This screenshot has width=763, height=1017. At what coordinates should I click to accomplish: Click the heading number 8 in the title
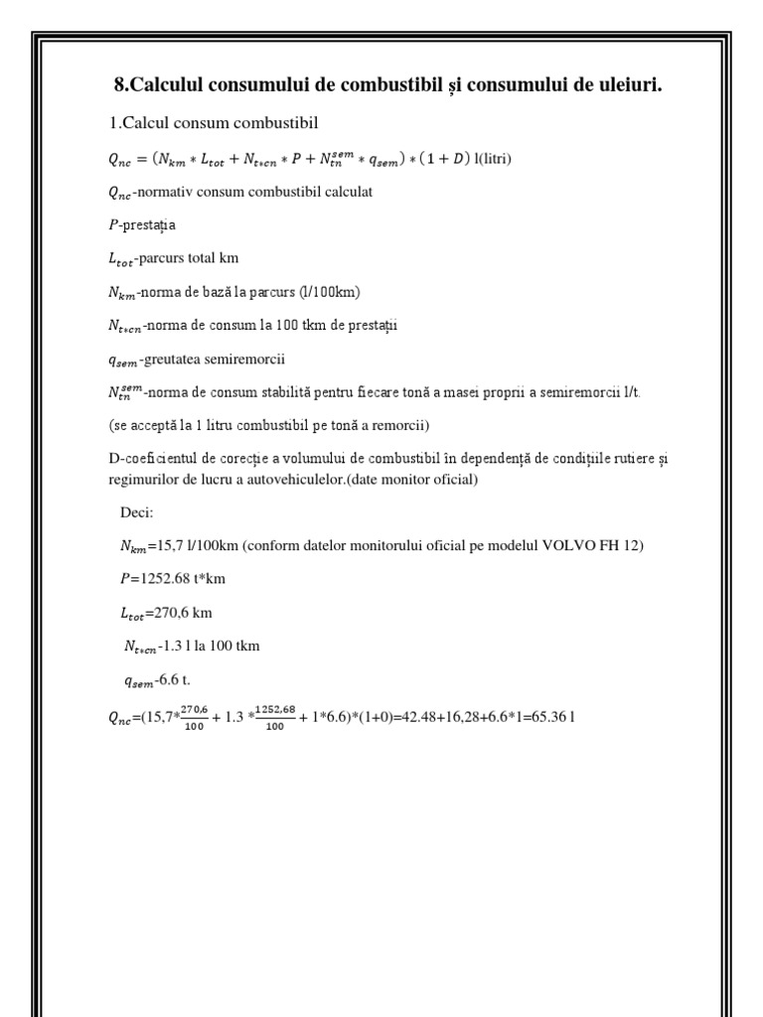point(119,87)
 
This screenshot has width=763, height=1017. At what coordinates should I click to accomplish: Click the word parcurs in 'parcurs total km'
point(171,258)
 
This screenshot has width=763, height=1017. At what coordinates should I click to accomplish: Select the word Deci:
point(136,513)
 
